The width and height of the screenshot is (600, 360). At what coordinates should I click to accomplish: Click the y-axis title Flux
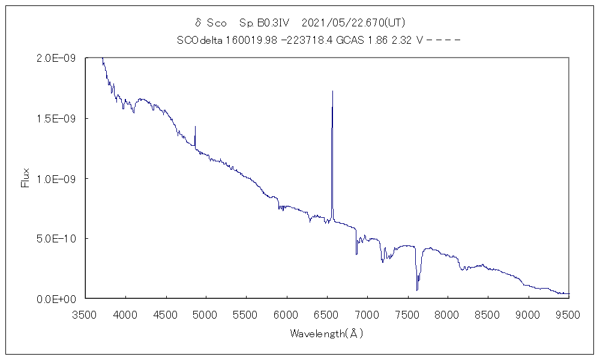point(25,178)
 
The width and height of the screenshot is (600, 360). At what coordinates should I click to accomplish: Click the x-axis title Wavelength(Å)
point(327,333)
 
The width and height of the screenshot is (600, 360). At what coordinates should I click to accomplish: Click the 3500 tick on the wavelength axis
point(85,313)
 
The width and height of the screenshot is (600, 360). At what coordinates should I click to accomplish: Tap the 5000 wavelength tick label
point(206,313)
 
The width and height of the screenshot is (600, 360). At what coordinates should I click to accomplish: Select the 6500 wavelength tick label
point(327,313)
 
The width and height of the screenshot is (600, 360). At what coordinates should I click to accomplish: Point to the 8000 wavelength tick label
point(448,313)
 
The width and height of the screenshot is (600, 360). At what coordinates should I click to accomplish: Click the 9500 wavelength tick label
point(568,313)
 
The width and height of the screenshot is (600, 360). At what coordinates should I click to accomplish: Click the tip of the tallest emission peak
point(332,91)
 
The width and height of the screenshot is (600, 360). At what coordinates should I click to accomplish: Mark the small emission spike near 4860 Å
point(195,127)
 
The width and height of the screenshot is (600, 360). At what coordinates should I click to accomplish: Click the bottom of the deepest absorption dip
point(417,290)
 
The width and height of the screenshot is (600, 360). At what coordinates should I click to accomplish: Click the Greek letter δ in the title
point(198,23)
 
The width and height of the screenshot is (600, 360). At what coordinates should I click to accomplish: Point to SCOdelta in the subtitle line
point(198,41)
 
